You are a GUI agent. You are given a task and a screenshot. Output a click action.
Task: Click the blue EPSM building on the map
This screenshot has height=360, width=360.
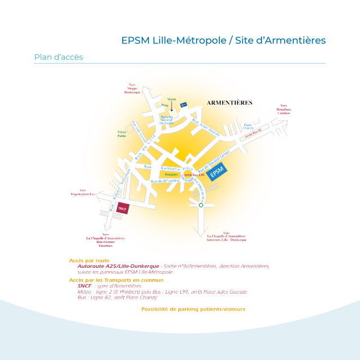[217, 171]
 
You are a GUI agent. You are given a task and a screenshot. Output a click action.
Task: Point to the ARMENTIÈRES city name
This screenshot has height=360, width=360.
[229, 103]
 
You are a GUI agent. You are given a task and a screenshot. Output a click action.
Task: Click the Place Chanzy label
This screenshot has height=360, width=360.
[248, 127]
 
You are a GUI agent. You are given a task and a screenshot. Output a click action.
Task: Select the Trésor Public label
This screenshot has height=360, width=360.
[121, 134]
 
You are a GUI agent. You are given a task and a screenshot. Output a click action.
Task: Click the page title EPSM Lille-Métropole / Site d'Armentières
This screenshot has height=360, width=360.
[223, 41]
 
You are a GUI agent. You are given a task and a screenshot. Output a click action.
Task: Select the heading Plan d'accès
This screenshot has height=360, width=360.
[58, 57]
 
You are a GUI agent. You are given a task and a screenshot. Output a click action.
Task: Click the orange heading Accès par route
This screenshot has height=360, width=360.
[89, 260]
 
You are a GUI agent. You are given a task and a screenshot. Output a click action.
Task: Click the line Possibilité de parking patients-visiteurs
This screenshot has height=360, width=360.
[193, 309]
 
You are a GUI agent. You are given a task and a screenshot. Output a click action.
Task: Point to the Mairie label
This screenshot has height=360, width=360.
[172, 98]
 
